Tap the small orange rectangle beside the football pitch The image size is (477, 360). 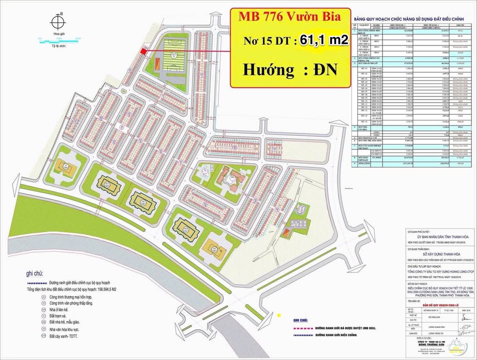click(x=156, y=63)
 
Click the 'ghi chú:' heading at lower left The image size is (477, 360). click(x=34, y=273)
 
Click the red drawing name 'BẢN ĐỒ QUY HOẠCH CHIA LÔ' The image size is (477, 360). click(x=439, y=304)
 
